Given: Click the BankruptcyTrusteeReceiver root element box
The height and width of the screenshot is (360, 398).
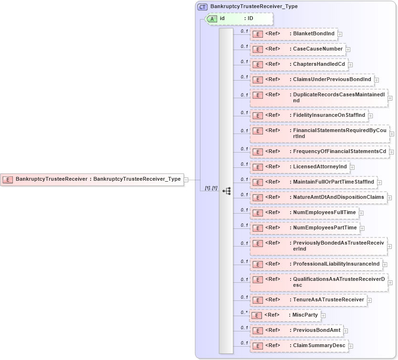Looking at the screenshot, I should (x=93, y=179).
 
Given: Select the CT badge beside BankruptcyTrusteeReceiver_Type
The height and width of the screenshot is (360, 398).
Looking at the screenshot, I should (x=202, y=6).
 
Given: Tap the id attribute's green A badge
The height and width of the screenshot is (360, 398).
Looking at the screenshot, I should (x=211, y=19).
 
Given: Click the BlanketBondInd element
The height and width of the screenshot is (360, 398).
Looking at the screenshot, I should (x=293, y=34).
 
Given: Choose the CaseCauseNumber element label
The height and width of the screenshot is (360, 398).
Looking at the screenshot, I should (x=317, y=49).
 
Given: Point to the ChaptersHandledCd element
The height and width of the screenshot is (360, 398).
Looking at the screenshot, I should (x=298, y=64).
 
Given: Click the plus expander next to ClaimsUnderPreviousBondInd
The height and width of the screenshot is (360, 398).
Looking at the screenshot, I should (x=377, y=80).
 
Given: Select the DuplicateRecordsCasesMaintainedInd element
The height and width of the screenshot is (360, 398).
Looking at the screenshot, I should (x=319, y=98).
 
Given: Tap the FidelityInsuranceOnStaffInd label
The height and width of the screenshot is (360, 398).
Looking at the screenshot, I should (x=329, y=115).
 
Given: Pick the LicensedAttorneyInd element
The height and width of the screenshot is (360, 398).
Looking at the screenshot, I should (x=300, y=166).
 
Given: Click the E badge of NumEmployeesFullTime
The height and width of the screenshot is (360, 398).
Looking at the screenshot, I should (x=257, y=213).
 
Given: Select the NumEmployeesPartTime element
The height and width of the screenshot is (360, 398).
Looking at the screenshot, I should (x=304, y=228).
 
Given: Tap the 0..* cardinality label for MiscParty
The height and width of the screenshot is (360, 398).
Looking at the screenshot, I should (x=244, y=312).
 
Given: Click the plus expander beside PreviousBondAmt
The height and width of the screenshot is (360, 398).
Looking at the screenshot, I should (x=346, y=330).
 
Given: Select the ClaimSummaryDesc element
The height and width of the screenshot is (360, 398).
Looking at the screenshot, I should (x=299, y=346).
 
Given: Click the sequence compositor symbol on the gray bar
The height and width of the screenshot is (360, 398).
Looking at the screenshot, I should (x=226, y=191).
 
